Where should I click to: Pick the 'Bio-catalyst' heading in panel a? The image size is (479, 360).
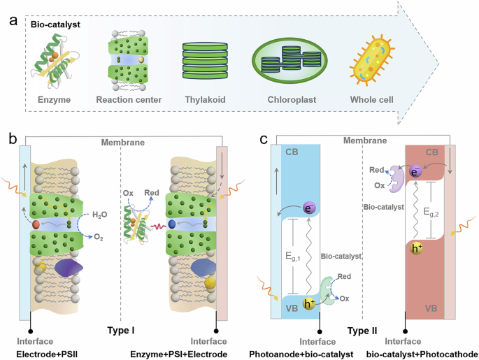[x=53, y=24]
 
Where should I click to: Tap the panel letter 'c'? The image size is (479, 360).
[x=263, y=141]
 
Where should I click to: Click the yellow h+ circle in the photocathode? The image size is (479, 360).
[x=419, y=249]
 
